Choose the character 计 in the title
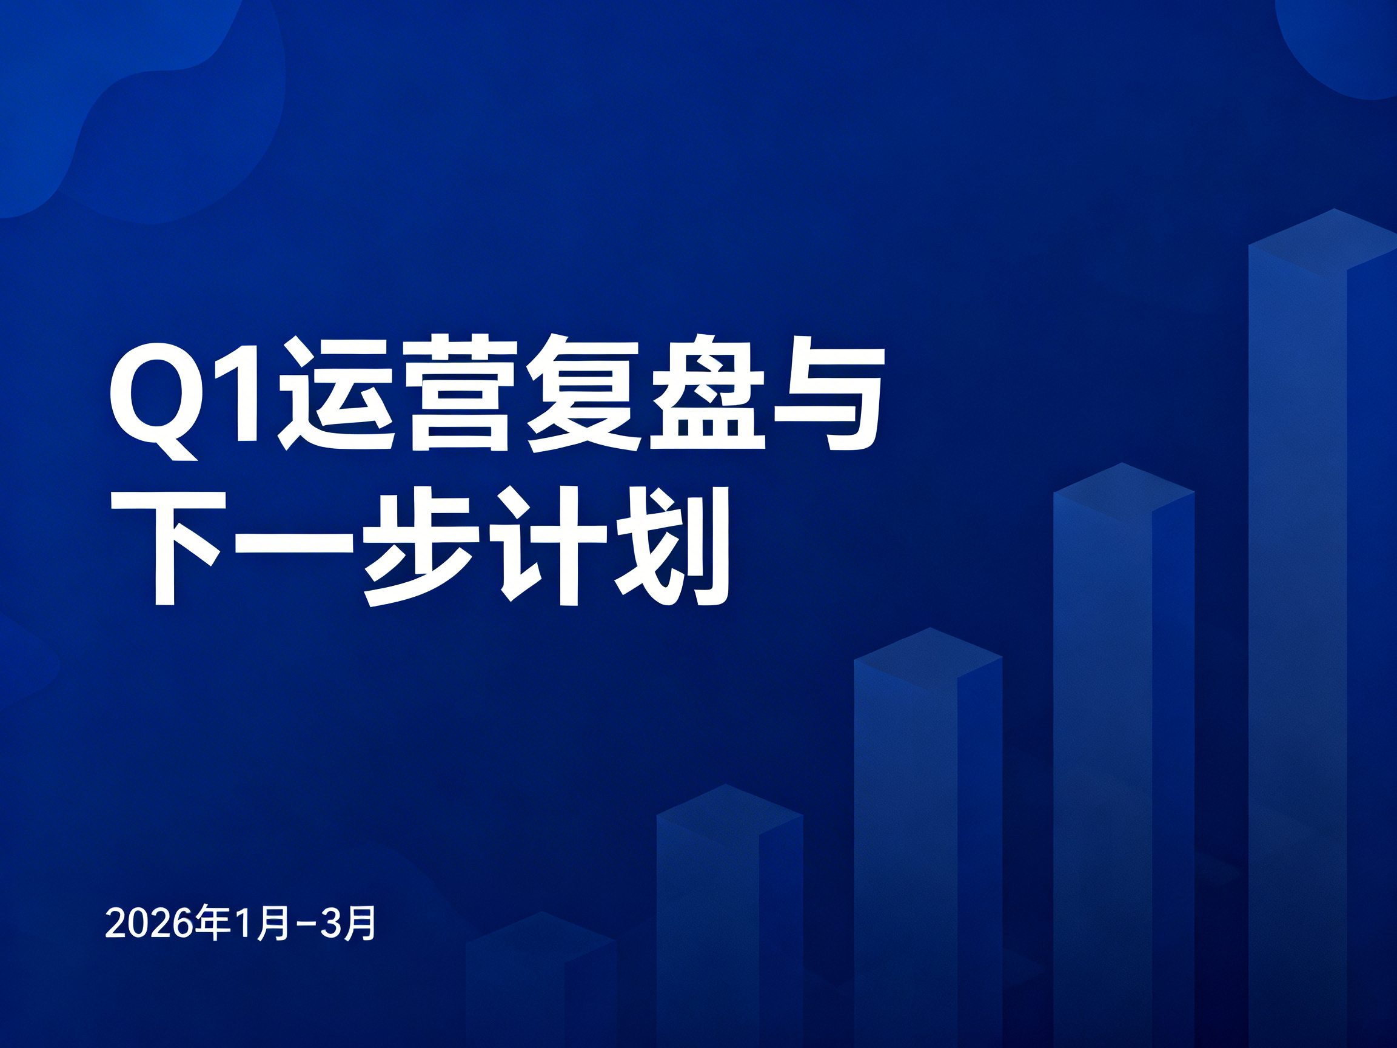pyautogui.click(x=542, y=546)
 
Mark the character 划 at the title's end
pyautogui.click(x=671, y=546)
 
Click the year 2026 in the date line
pyautogui.click(x=149, y=925)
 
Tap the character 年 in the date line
pyautogui.click(x=212, y=924)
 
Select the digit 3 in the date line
pyautogui.click(x=331, y=925)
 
